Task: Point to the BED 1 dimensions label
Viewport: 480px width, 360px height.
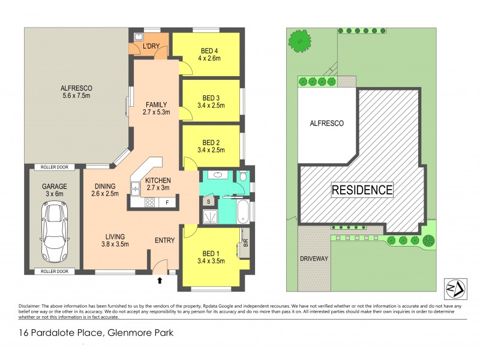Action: click(x=210, y=261)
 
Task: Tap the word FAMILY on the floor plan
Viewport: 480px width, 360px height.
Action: click(x=156, y=104)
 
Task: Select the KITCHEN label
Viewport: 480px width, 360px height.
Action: click(x=158, y=180)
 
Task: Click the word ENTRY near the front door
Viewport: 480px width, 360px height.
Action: click(x=164, y=241)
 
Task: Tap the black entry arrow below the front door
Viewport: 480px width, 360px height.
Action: click(x=160, y=280)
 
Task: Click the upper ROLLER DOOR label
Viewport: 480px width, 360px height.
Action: click(x=54, y=167)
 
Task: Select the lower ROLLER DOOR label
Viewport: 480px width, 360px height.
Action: click(x=54, y=271)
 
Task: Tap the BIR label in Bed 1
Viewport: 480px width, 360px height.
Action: click(x=245, y=243)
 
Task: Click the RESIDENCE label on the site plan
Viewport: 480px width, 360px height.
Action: click(x=362, y=191)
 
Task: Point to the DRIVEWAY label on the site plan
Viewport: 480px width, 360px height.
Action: click(x=313, y=259)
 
